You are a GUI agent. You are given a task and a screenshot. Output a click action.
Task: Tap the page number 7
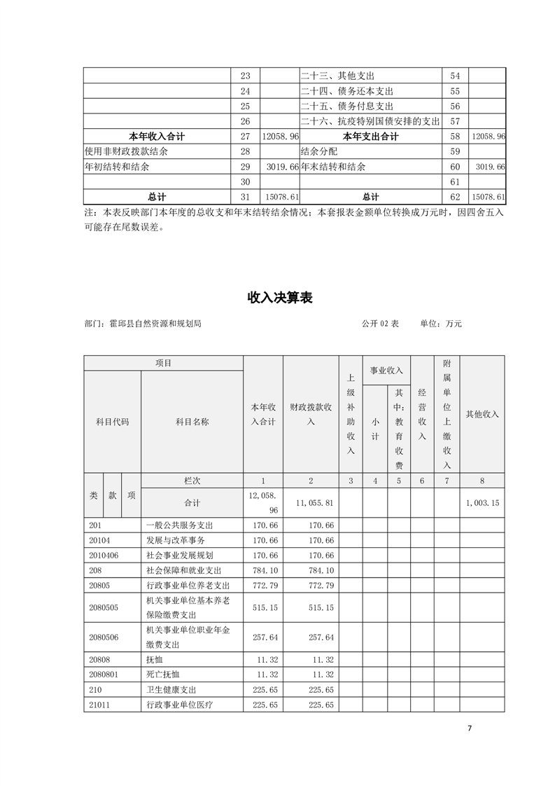click(x=470, y=729)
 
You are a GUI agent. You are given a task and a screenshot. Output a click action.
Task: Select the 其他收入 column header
click(x=482, y=414)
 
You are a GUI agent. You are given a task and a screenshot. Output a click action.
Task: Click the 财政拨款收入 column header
click(x=311, y=414)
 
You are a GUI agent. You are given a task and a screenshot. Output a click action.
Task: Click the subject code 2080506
click(x=104, y=637)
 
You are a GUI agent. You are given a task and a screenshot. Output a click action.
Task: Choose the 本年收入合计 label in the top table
click(x=157, y=137)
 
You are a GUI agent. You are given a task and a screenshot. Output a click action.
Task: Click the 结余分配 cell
click(x=316, y=151)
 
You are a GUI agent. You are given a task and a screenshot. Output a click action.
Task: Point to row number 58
click(x=455, y=137)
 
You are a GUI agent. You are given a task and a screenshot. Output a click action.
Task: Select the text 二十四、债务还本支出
click(x=347, y=91)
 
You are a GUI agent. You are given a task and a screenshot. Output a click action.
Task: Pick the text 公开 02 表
click(x=380, y=324)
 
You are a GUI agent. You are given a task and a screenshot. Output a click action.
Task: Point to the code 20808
click(x=101, y=659)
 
